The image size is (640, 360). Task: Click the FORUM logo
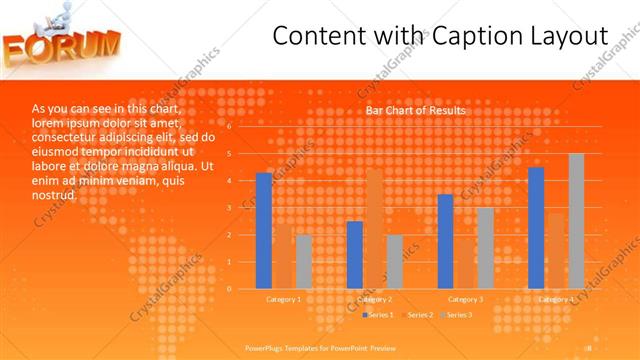pos(62,46)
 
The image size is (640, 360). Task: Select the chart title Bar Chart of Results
pos(414,110)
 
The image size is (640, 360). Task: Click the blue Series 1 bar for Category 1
pos(264,231)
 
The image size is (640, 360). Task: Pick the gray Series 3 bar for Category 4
pos(576,221)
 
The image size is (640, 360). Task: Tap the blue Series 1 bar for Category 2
pos(355,255)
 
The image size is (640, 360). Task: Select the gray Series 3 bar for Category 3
pos(485,248)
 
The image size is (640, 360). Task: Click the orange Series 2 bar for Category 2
pos(375,229)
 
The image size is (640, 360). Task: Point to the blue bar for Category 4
pos(536,228)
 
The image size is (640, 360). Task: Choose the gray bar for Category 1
pos(304,261)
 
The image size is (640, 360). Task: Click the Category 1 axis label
pos(284,299)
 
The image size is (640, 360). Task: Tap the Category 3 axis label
pos(465,299)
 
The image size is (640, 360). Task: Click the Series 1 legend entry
pos(377,315)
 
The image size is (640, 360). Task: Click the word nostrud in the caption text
pos(54,195)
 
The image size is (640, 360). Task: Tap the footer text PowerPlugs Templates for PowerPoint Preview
pos(321,347)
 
